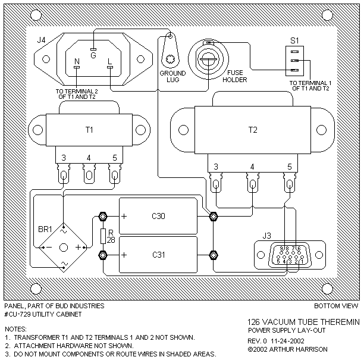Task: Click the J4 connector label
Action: pyautogui.click(x=41, y=40)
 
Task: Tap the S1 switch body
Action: pyautogui.click(x=294, y=60)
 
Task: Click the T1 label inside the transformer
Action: pyautogui.click(x=89, y=130)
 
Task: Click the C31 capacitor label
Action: pyautogui.click(x=159, y=255)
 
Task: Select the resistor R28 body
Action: pyautogui.click(x=103, y=237)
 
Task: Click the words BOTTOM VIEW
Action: pyautogui.click(x=335, y=306)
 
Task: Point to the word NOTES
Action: pyautogui.click(x=15, y=328)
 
